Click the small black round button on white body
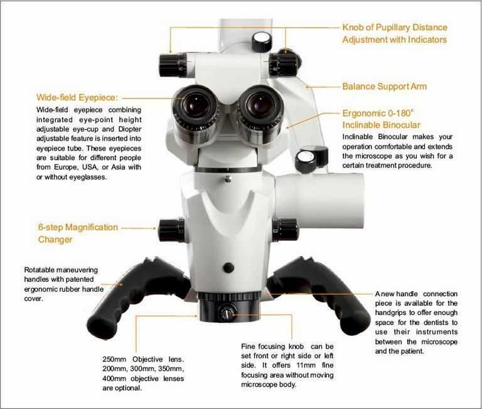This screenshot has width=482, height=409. [x=228, y=268]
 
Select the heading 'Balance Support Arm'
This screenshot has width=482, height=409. [x=385, y=87]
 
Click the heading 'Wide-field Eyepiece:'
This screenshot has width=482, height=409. [x=77, y=97]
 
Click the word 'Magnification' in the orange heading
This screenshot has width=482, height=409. [x=92, y=227]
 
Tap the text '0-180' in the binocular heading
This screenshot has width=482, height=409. [x=400, y=113]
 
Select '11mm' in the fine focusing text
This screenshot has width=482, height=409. [x=306, y=365]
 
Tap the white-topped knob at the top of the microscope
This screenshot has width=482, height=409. [x=262, y=42]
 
